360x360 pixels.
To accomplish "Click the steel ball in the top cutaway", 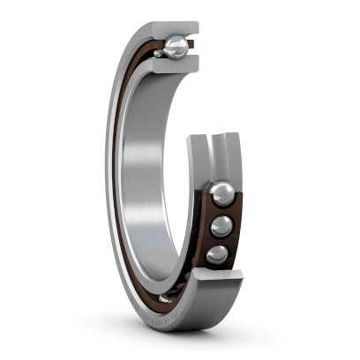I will tap(176, 47).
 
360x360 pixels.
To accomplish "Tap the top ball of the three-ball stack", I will tap(221, 193).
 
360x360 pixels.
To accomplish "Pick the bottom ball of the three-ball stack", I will tap(217, 255).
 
